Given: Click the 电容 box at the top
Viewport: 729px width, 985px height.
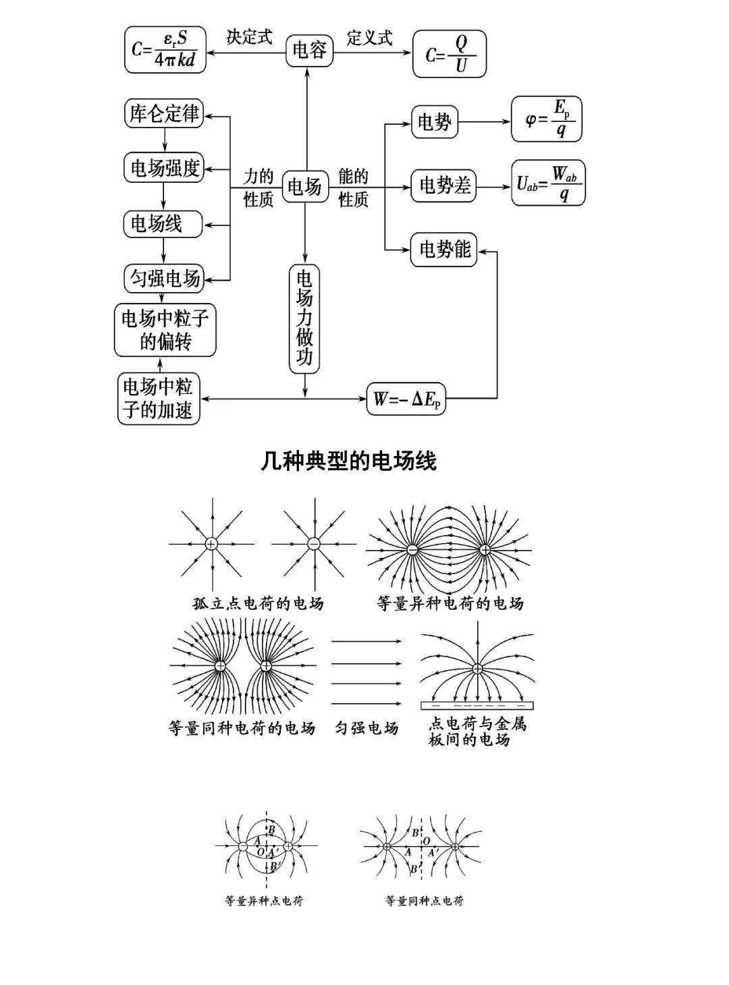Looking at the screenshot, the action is point(309,51).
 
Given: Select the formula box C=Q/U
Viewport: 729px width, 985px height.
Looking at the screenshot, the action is point(450,54).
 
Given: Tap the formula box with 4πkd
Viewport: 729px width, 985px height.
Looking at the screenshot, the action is point(165,49).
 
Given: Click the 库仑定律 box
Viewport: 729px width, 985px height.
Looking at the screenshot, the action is point(163,114).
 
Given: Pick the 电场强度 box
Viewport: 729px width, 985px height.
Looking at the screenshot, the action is point(163,168).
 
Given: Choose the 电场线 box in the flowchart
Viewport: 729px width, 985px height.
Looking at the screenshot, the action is point(163,224).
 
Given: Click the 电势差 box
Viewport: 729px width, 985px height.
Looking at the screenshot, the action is point(443,186).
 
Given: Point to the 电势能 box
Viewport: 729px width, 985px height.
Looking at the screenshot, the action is point(443,249).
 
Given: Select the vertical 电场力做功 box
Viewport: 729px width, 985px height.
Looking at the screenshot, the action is point(304,319).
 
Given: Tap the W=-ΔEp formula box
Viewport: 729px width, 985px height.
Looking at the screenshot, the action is point(406,399).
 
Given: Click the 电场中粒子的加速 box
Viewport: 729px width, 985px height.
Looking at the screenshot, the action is point(159,398).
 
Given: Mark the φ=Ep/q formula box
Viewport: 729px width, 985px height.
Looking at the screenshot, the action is point(546,119).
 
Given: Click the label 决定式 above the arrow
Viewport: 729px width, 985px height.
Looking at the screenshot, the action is point(249,37).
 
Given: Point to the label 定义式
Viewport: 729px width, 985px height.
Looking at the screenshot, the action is point(370,38).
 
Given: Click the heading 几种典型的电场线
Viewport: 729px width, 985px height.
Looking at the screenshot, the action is point(349,461).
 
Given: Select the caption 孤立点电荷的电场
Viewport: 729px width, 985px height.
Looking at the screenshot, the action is point(259,604).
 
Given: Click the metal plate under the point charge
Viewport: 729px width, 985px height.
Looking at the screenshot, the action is point(477,706).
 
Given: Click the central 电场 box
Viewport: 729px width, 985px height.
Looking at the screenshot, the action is point(305,186).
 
